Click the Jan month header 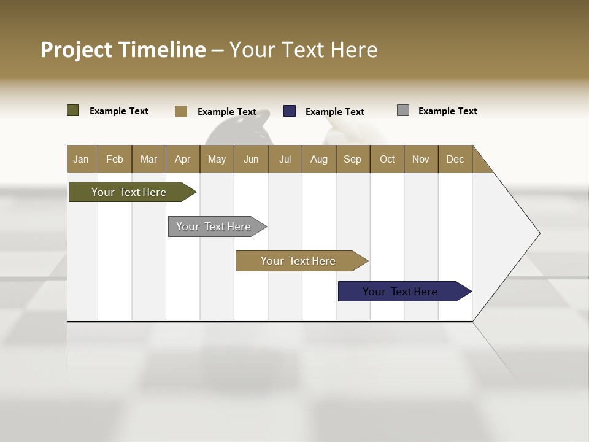(x=82, y=159)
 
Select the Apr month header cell (x=182, y=159)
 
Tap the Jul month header (x=285, y=159)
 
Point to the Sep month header (x=353, y=159)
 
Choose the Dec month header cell (x=455, y=159)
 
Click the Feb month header (x=115, y=159)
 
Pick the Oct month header (x=387, y=159)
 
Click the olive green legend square (x=72, y=110)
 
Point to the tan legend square (x=180, y=111)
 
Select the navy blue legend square (x=289, y=110)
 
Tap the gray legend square (x=402, y=110)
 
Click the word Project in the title (x=75, y=50)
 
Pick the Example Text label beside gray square (x=447, y=111)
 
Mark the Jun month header (x=251, y=159)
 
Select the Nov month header (x=421, y=159)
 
